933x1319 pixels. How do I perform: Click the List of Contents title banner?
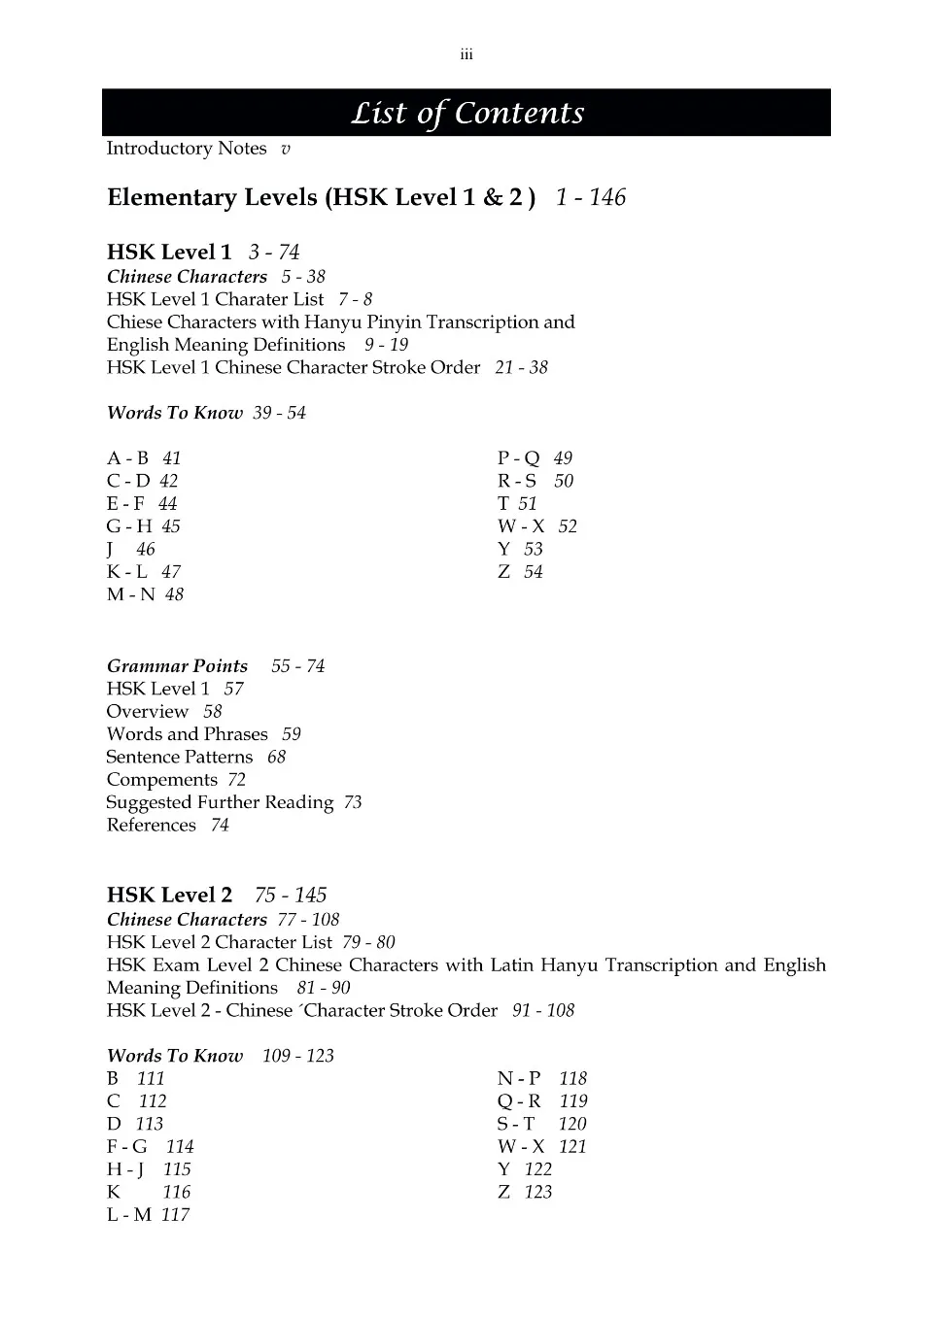click(466, 113)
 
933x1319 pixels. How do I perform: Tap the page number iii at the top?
click(466, 55)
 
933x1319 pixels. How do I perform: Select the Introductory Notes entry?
click(187, 149)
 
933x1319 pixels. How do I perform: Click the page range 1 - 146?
click(591, 197)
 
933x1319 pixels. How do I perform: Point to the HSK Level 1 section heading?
click(169, 253)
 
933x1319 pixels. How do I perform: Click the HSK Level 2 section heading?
click(169, 896)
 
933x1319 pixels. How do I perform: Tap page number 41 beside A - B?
click(171, 458)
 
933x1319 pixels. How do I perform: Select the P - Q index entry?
click(518, 458)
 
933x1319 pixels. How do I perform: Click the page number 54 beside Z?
click(533, 572)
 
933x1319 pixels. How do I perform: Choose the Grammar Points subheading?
click(177, 666)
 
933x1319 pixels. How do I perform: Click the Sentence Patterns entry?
click(180, 757)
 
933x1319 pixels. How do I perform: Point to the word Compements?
click(161, 780)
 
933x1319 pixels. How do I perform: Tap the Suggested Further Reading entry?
click(220, 802)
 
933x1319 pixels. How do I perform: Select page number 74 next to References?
click(220, 826)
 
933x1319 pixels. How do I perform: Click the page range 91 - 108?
click(543, 1011)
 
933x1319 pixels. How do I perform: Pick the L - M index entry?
click(129, 1215)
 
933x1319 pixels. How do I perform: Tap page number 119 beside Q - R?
click(573, 1101)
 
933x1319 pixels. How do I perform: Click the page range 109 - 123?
click(297, 1056)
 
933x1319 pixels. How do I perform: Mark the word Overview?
click(148, 712)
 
